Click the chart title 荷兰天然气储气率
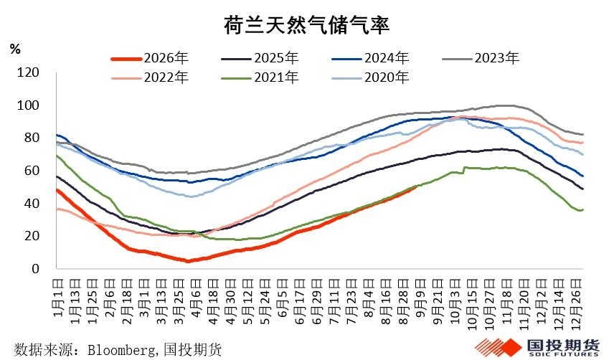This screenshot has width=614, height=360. pos(306,25)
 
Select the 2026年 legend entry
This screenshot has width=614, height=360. pos(150,58)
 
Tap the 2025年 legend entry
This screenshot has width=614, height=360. pos(260,58)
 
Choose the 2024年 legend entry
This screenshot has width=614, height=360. pos(370,58)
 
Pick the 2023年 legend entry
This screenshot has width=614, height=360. pos(481,58)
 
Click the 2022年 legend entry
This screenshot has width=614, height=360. pos(150,77)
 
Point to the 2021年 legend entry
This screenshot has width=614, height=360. pos(260,77)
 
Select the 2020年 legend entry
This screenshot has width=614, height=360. pos(370,77)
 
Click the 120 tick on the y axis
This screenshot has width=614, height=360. pos(28,72)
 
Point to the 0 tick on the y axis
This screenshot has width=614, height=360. pos(36,269)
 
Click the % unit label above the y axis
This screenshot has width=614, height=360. pos(15,49)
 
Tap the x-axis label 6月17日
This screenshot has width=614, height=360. pos(300,301)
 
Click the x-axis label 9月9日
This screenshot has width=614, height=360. pos(420,298)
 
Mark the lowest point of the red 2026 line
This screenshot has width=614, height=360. pos(188,261)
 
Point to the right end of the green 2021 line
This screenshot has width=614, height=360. pos(583,209)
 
